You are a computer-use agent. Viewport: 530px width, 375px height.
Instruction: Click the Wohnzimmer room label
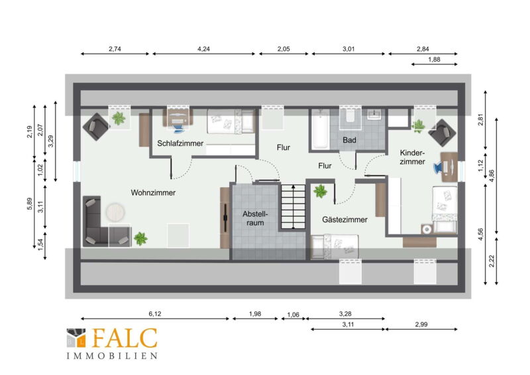pyautogui.click(x=153, y=192)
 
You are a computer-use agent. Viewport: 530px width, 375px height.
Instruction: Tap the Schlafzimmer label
pyautogui.click(x=180, y=143)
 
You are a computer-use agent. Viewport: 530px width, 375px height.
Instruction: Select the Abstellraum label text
pyautogui.click(x=255, y=218)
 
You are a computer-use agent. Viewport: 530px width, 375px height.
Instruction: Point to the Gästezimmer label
pyautogui.click(x=344, y=220)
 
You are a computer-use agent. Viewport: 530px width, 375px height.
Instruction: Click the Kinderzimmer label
pyautogui.click(x=412, y=157)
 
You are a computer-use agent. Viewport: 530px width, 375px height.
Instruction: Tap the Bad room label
pyautogui.click(x=349, y=140)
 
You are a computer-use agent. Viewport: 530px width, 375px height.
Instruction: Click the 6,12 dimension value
pyautogui.click(x=155, y=314)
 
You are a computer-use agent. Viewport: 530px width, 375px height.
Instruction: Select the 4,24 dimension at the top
pyautogui.click(x=203, y=48)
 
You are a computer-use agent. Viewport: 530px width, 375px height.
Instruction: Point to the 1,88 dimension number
pyautogui.click(x=434, y=59)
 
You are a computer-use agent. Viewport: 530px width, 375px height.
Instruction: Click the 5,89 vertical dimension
pyautogui.click(x=30, y=204)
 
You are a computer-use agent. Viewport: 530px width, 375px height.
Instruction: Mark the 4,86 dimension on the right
pyautogui.click(x=492, y=176)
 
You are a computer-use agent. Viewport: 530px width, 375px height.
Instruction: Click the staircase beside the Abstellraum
pyautogui.click(x=293, y=206)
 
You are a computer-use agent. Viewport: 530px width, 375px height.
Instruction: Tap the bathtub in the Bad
pyautogui.click(x=320, y=129)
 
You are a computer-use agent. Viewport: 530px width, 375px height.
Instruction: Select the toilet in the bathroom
pyautogui.click(x=350, y=116)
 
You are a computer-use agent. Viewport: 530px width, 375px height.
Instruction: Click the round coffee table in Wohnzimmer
pyautogui.click(x=115, y=212)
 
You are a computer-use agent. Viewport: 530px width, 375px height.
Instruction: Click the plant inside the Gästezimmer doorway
pyautogui.click(x=320, y=191)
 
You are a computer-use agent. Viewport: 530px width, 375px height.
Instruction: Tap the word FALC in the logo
pyautogui.click(x=124, y=338)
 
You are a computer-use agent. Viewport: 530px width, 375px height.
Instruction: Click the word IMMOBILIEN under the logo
pyautogui.click(x=112, y=356)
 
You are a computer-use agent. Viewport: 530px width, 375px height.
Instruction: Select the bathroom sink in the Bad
pyautogui.click(x=374, y=114)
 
